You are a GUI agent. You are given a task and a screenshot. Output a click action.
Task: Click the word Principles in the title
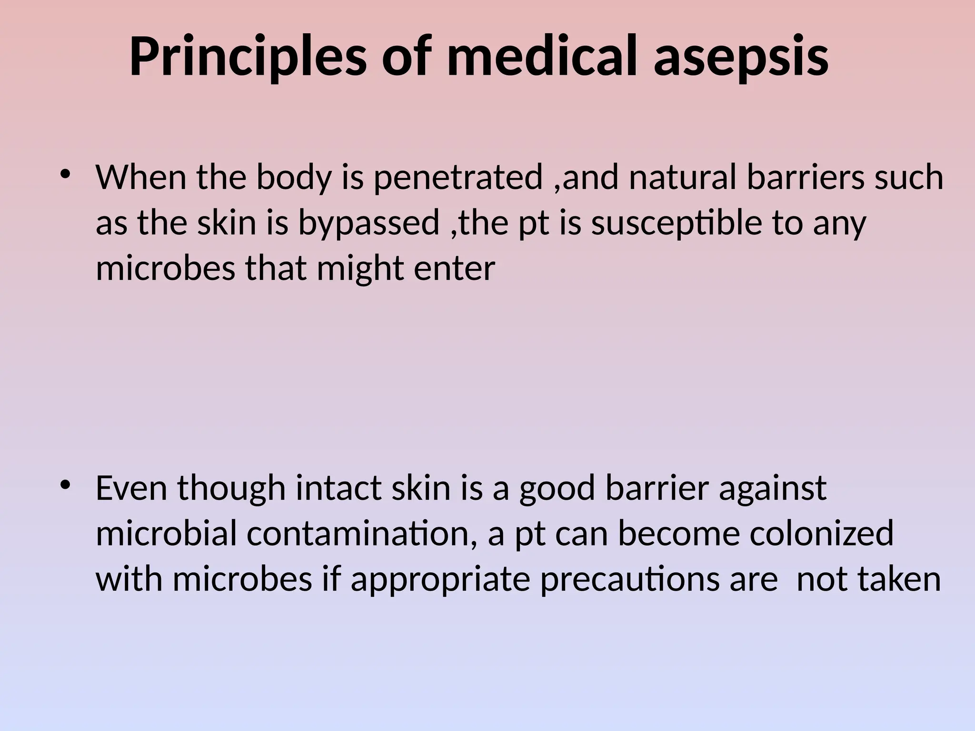click(x=248, y=57)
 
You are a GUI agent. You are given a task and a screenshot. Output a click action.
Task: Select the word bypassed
click(x=369, y=223)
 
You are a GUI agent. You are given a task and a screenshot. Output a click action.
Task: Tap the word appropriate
click(x=440, y=579)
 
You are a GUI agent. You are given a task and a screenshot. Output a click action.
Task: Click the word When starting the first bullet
click(x=141, y=177)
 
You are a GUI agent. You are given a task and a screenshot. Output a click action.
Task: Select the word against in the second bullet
click(x=772, y=488)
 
